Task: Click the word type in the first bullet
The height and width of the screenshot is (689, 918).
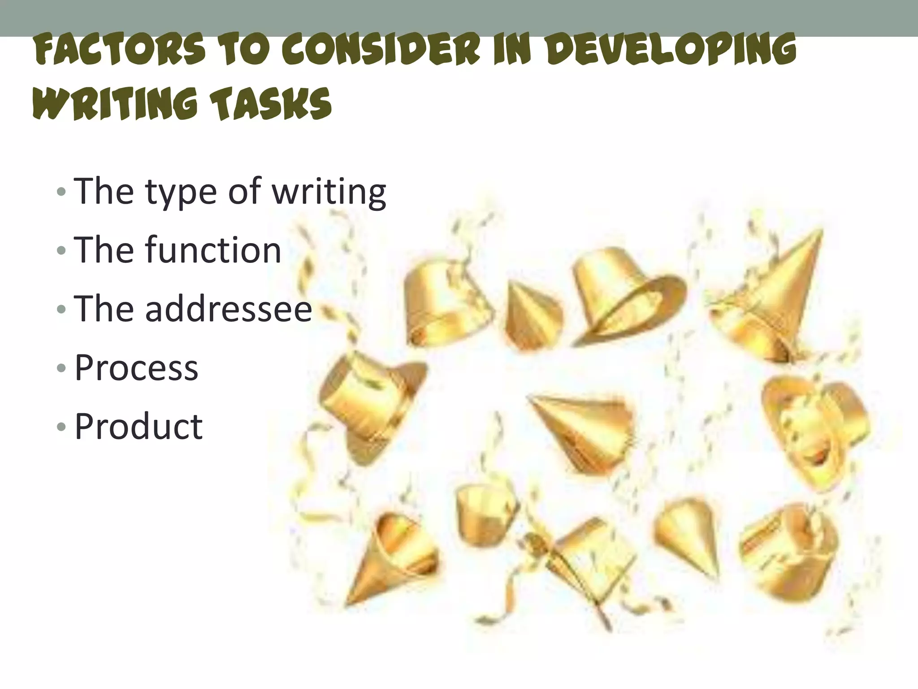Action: [x=181, y=192]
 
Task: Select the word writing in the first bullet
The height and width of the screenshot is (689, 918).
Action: [x=329, y=192]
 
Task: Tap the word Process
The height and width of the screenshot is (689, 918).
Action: [x=136, y=368]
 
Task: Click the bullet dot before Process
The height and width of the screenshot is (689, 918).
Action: [x=61, y=369]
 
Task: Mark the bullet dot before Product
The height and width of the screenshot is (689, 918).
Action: [x=61, y=427]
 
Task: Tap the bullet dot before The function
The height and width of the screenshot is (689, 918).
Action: [x=61, y=251]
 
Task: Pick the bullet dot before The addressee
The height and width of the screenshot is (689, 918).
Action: [x=61, y=310]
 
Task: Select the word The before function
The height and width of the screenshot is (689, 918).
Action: [x=104, y=250]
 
